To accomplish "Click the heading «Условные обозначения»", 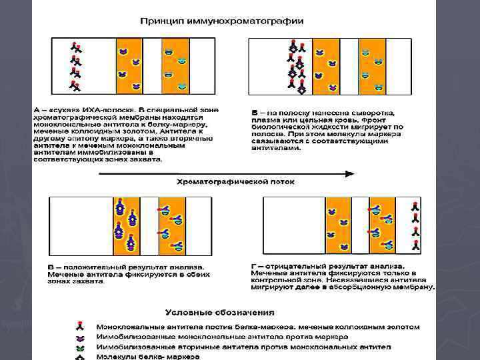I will [219, 313].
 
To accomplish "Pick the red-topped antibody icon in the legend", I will [79, 327].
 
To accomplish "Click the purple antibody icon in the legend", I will [79, 337].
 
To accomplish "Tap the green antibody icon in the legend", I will [79, 347].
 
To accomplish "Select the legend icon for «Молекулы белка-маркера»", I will [79, 357].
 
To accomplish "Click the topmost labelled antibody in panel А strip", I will [75, 47].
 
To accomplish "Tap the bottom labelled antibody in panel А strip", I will [75, 86].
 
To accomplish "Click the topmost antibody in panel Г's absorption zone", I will [414, 205].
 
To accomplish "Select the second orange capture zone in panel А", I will [175, 65].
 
